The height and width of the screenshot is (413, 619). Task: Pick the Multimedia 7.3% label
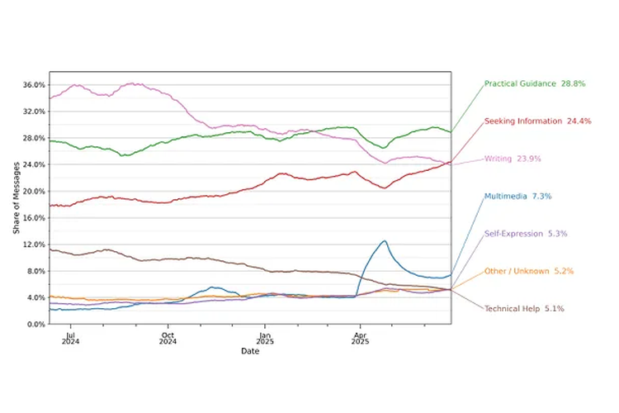[517, 196]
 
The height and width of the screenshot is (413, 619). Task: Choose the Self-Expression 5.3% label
[526, 234]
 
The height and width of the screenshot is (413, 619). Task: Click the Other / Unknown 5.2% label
[529, 271]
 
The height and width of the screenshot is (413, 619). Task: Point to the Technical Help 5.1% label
[524, 308]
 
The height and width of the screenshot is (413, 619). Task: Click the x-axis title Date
[249, 352]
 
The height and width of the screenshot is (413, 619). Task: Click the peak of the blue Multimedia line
[384, 240]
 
